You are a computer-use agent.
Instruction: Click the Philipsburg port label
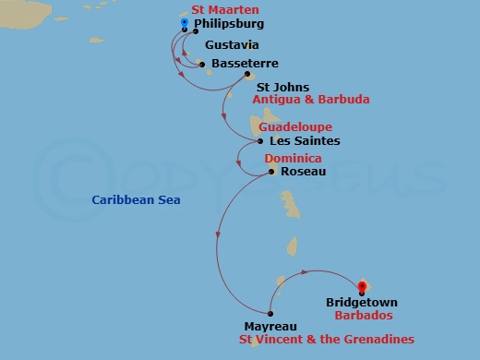coord(229,23)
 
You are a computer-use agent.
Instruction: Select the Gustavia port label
coord(231,45)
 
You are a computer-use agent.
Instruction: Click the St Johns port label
coord(276,88)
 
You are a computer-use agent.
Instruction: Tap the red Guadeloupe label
coord(295,126)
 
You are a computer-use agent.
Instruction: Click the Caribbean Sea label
coord(137,200)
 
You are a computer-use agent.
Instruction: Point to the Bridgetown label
coord(362,302)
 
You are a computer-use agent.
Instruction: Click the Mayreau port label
coord(270,327)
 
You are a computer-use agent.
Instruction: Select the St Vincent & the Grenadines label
coord(326,340)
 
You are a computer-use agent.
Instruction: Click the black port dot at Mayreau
coord(270,312)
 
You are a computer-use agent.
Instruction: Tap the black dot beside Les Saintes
coord(261,141)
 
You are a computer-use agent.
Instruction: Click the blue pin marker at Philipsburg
coord(185,24)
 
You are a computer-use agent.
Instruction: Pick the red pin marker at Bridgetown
coord(361,287)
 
